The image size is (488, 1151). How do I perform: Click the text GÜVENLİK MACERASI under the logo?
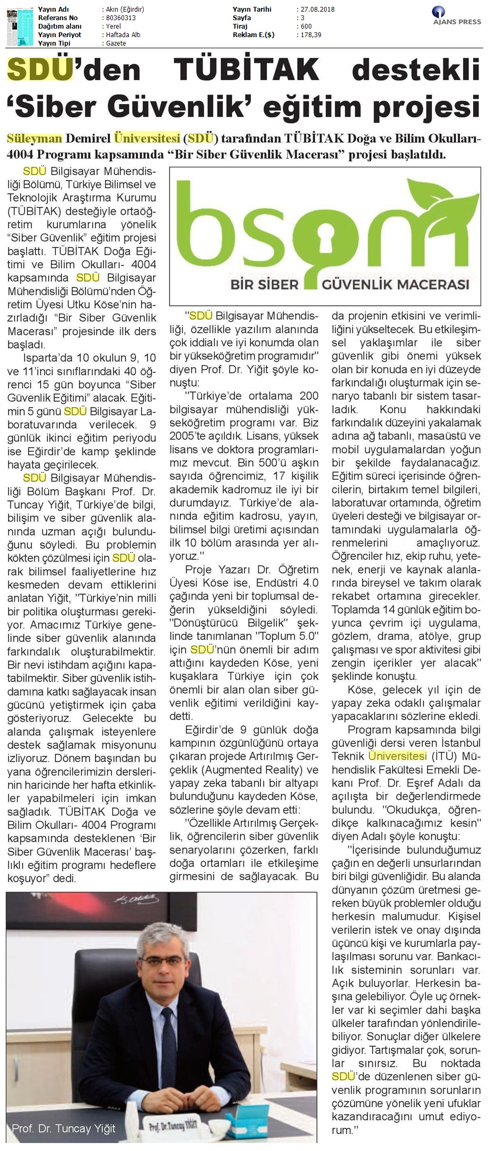pyautogui.click(x=395, y=284)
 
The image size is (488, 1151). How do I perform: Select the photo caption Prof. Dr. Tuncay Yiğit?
pyautogui.click(x=63, y=1129)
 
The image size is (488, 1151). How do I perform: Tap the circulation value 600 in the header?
pyautogui.click(x=306, y=27)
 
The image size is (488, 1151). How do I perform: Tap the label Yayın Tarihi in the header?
pyautogui.click(x=252, y=10)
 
